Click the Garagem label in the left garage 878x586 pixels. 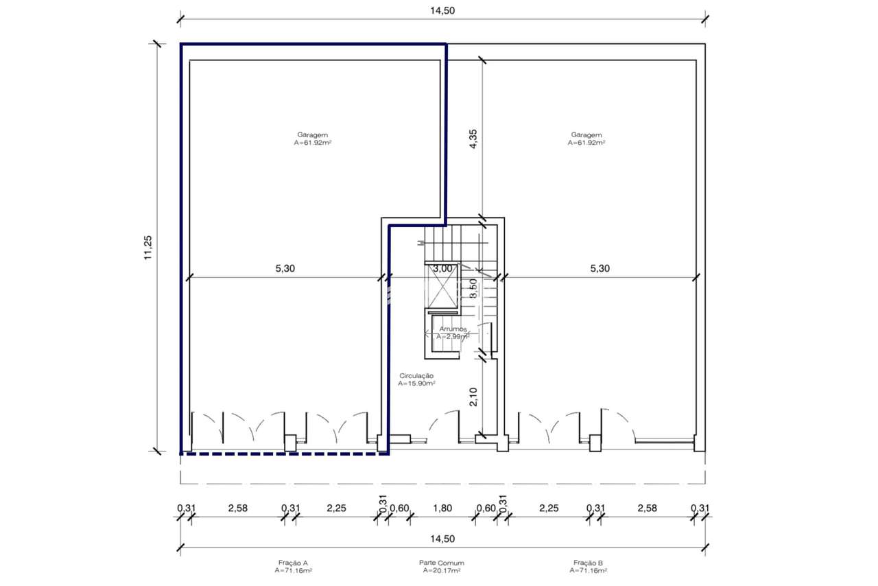312,135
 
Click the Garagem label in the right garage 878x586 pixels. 586,135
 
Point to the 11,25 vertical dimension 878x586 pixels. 147,248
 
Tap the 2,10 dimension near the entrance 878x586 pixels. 473,397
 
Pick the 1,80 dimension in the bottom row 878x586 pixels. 443,508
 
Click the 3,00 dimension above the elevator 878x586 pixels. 442,269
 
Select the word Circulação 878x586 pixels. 416,376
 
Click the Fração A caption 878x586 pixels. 294,563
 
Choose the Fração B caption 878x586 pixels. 588,563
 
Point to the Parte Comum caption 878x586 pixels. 441,563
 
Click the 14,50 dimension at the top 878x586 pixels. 442,10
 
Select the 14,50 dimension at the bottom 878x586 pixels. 442,539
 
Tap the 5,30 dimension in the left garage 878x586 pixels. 285,269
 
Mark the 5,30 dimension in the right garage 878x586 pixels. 600,269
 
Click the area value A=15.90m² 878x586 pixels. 416,384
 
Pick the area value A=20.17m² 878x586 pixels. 441,570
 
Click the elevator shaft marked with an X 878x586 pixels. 441,288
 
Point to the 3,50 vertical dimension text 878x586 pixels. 473,288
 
